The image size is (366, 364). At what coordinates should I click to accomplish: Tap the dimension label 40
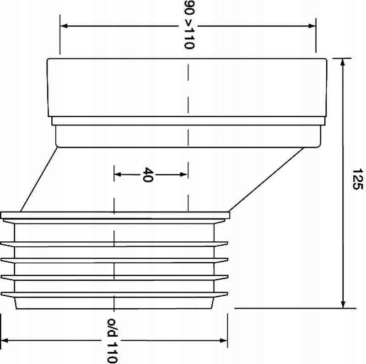(x=148, y=174)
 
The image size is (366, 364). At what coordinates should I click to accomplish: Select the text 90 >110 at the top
(x=189, y=25)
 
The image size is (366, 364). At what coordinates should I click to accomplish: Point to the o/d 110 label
(x=112, y=341)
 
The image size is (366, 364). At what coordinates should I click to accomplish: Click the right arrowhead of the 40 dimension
(x=184, y=174)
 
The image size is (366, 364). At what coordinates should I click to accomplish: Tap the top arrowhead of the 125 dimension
(x=342, y=62)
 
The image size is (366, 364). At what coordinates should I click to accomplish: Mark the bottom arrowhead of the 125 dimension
(x=343, y=304)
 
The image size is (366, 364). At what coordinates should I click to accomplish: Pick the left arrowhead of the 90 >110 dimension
(x=64, y=26)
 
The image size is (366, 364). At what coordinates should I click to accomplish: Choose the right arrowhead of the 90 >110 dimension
(x=312, y=26)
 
